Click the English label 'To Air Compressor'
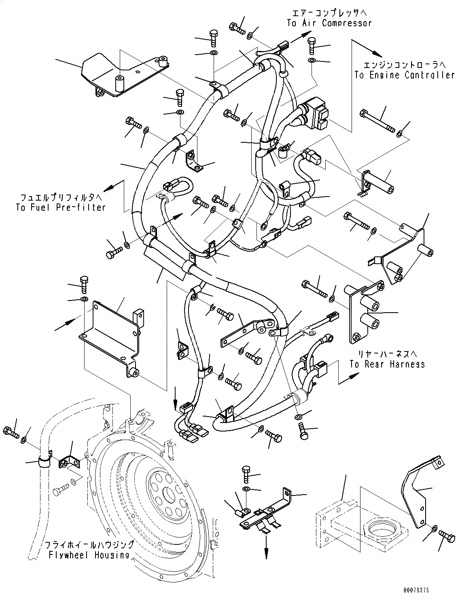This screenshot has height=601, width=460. point(329,23)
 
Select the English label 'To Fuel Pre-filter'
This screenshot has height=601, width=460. point(61,207)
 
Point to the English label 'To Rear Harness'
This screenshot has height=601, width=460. point(387,364)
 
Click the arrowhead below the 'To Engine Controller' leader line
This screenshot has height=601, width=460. point(377,53)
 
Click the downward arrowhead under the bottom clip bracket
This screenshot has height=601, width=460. point(267,554)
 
